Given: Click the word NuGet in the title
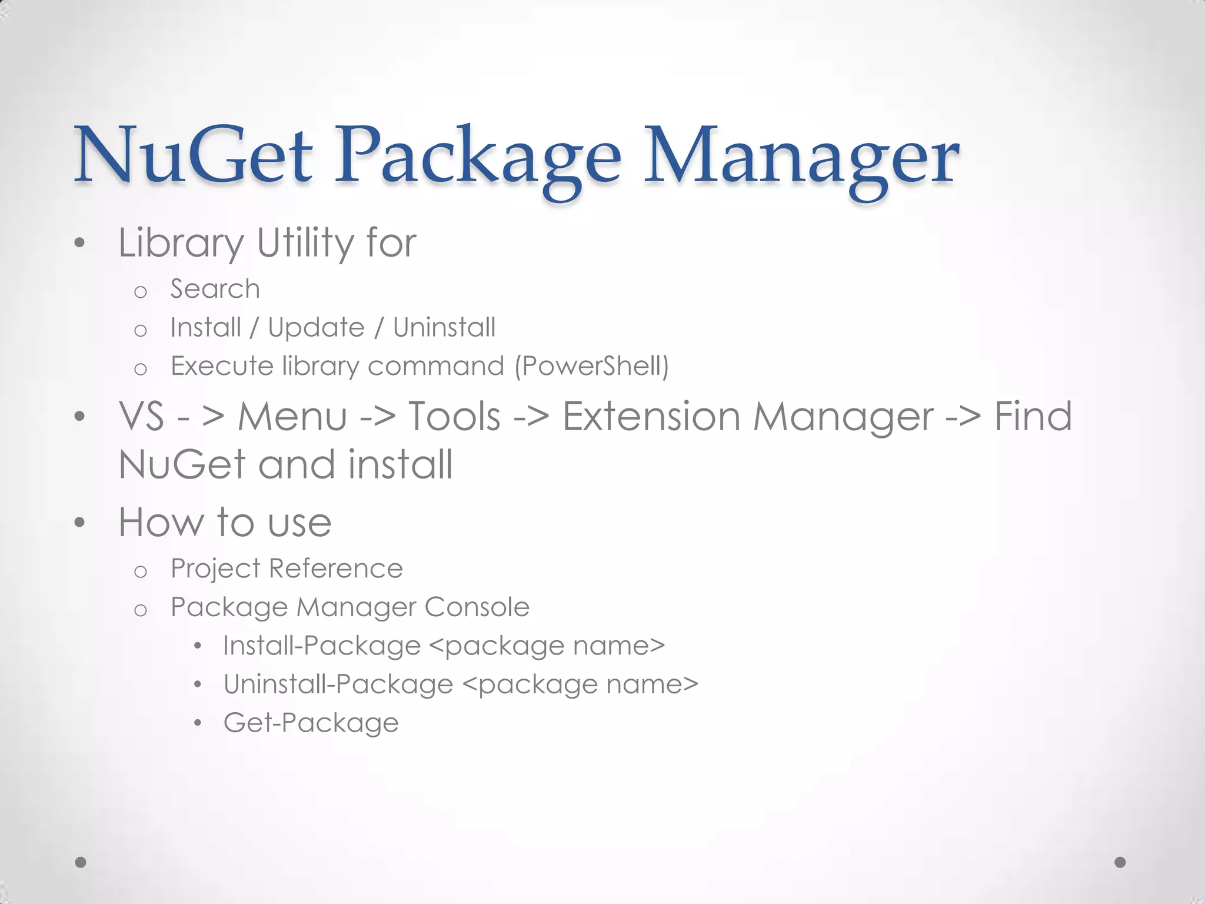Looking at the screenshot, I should [x=193, y=156].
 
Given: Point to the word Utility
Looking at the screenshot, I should [x=305, y=243].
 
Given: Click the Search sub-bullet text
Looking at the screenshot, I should [x=215, y=289].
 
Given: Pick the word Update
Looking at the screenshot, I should [x=316, y=328].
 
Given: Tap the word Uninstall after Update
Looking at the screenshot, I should [x=444, y=328].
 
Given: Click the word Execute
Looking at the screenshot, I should [x=222, y=366].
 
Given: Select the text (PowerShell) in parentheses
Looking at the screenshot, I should [x=592, y=366].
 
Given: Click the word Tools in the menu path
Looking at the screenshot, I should [x=454, y=417].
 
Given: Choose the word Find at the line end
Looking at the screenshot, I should [x=1033, y=417].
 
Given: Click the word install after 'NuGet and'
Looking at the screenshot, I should [x=401, y=465].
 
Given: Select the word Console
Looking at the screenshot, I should [x=477, y=607].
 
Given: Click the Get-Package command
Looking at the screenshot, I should [x=311, y=723].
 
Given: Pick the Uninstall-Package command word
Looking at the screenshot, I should [x=338, y=684].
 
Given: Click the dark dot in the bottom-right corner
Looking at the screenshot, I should [x=1120, y=862].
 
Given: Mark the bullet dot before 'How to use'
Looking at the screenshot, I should [x=80, y=523].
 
